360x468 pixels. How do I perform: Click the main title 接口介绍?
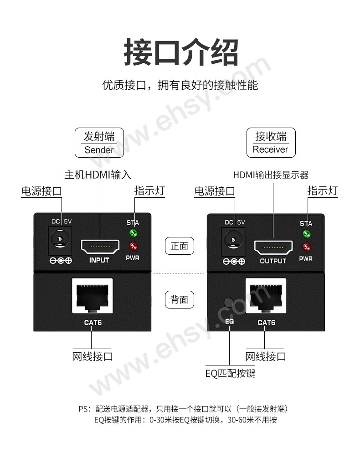181,53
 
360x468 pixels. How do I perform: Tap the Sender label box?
99,143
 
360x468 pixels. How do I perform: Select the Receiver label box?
271,143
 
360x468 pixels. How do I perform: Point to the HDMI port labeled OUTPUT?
273,247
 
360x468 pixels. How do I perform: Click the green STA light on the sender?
134,234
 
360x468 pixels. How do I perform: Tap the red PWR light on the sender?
134,247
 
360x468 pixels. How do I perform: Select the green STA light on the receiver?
307,234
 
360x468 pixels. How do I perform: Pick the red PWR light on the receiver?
307,247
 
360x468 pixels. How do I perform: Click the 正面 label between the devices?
179,246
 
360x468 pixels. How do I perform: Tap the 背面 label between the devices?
179,299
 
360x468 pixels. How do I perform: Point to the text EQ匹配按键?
230,374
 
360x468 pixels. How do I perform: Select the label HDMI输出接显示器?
271,175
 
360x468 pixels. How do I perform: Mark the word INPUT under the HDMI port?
99,260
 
